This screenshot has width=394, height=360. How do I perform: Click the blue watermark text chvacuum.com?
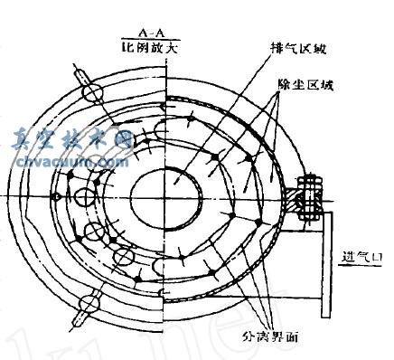tap(71, 162)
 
